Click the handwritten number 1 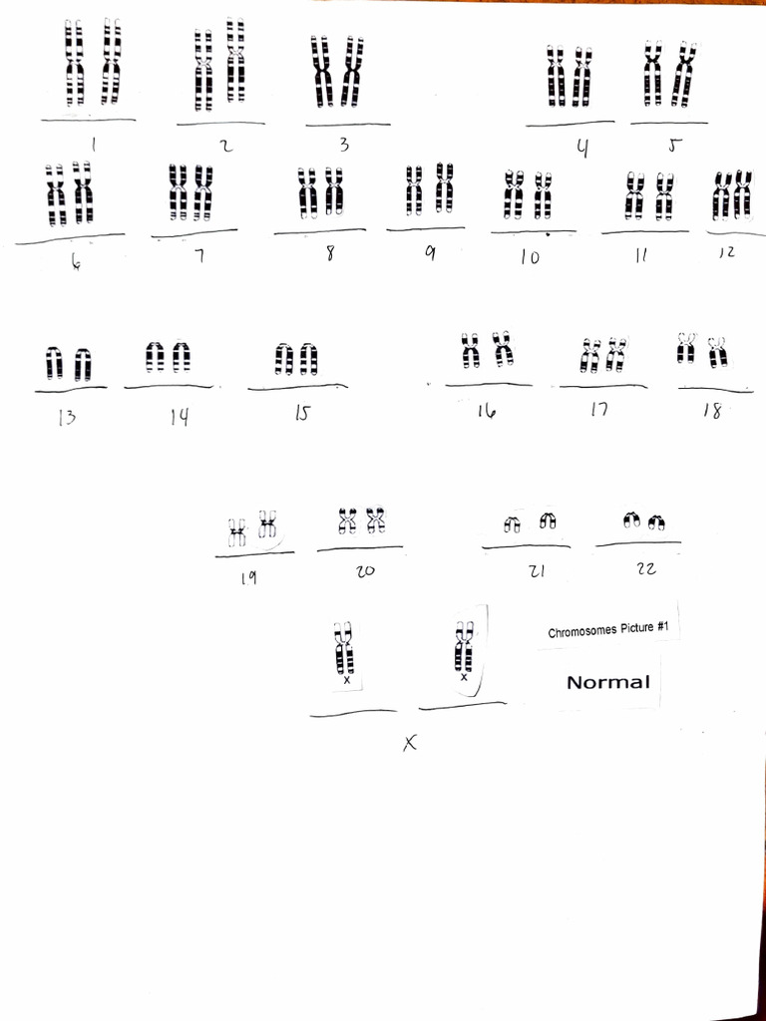93,145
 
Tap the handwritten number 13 66,417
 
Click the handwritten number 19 248,577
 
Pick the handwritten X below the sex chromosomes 408,742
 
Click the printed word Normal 607,683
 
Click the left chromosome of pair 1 74,63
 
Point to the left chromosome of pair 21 512,522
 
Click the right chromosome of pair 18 717,351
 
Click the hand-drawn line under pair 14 168,386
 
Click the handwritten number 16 486,409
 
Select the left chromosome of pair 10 514,195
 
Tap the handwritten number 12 726,252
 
